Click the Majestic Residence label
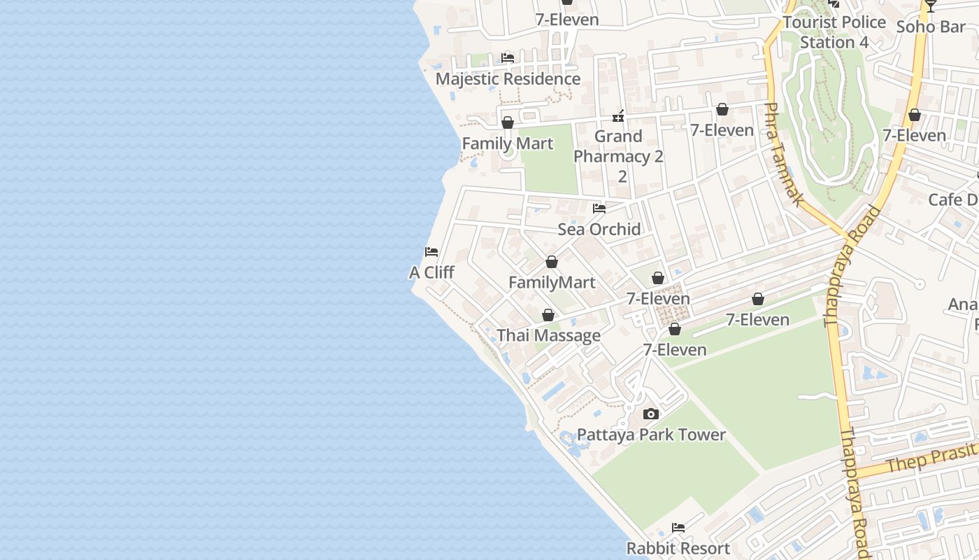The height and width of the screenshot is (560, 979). (x=508, y=78)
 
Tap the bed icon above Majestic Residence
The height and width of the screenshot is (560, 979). (x=508, y=57)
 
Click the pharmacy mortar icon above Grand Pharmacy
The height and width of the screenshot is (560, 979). (x=618, y=115)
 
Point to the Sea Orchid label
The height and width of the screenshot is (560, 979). (x=599, y=229)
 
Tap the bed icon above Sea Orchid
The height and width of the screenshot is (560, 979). (x=599, y=208)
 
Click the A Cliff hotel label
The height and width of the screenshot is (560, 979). (x=431, y=272)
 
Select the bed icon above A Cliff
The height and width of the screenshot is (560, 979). (x=431, y=251)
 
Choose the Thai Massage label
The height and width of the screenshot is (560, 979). (x=548, y=335)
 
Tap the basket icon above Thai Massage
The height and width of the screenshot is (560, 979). (x=548, y=315)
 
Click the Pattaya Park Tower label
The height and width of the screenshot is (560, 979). (x=651, y=435)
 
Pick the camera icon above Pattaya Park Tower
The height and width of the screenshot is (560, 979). (x=651, y=414)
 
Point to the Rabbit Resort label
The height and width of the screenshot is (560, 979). (x=678, y=548)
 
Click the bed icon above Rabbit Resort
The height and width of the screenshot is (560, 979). (x=678, y=527)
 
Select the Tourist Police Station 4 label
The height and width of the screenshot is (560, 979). (x=834, y=32)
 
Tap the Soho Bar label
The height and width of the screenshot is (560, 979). (x=930, y=27)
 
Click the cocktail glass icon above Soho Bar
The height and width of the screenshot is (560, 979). (x=930, y=6)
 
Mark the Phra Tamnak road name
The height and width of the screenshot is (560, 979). (x=783, y=155)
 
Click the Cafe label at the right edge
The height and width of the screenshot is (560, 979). (x=953, y=199)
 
